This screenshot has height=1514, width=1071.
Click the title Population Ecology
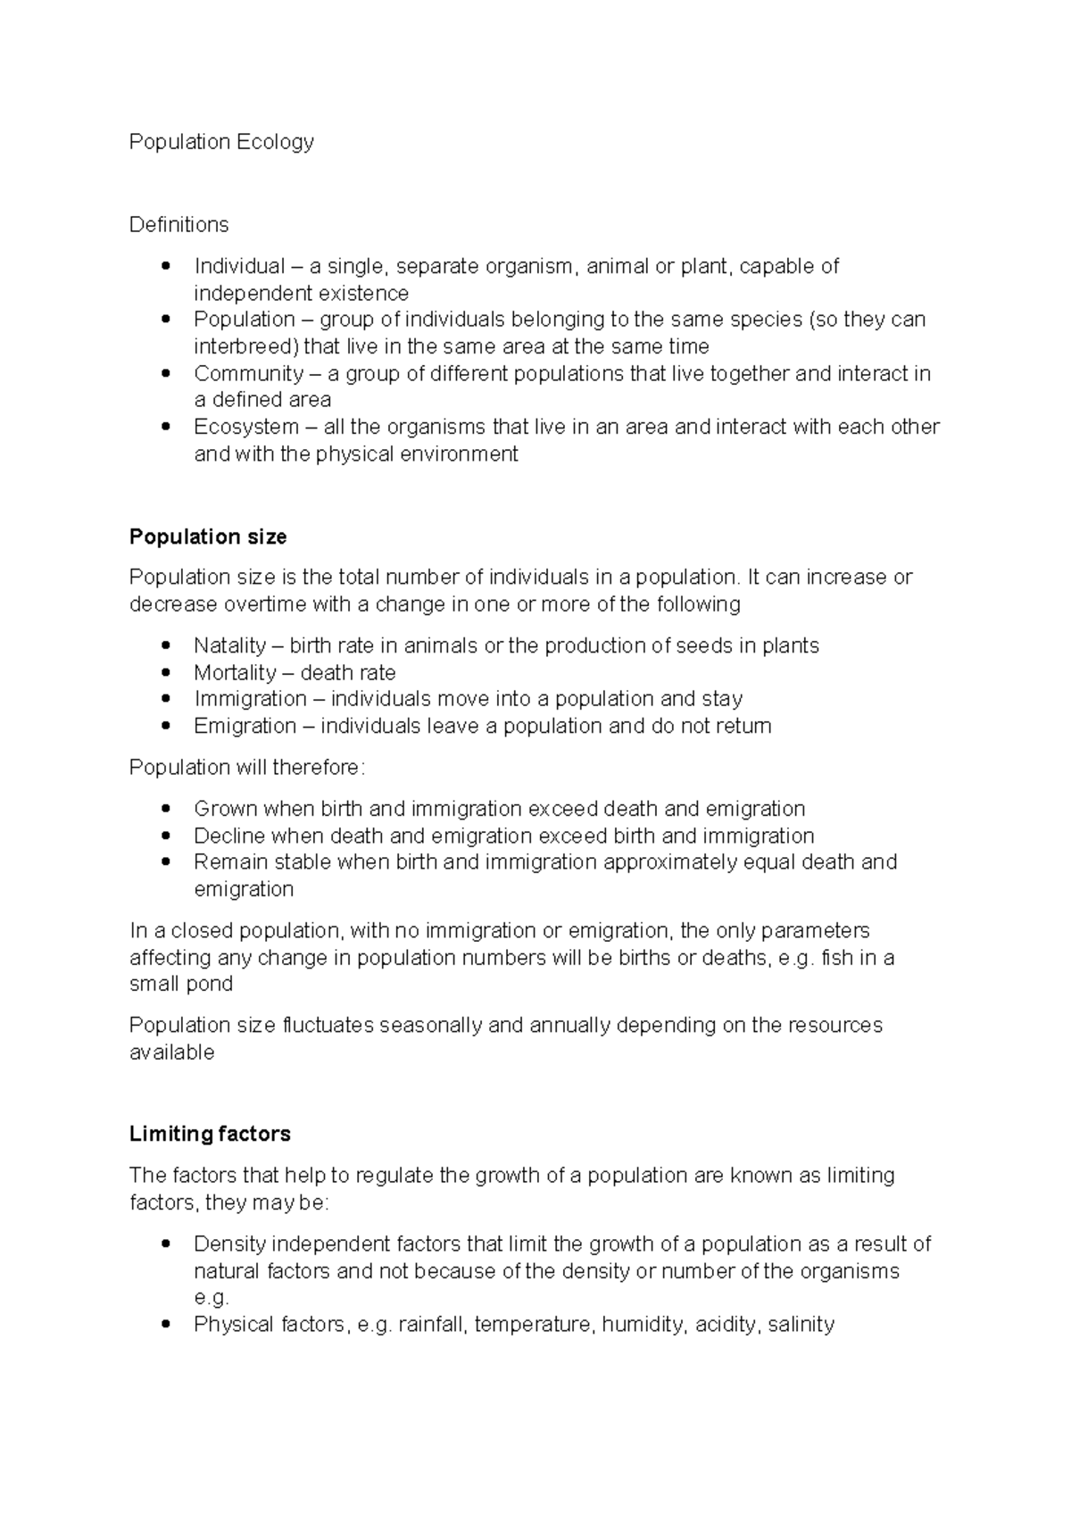[221, 142]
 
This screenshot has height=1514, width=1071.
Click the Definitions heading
[178, 224]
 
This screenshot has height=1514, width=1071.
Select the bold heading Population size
[208, 537]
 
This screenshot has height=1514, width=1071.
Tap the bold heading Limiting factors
[210, 1134]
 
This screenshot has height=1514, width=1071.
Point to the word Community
[249, 373]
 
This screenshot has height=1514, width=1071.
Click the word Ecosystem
[246, 427]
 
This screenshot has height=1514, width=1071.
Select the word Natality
[229, 645]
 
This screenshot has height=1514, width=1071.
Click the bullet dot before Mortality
[165, 673]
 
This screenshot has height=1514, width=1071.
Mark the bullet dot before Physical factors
[165, 1325]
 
